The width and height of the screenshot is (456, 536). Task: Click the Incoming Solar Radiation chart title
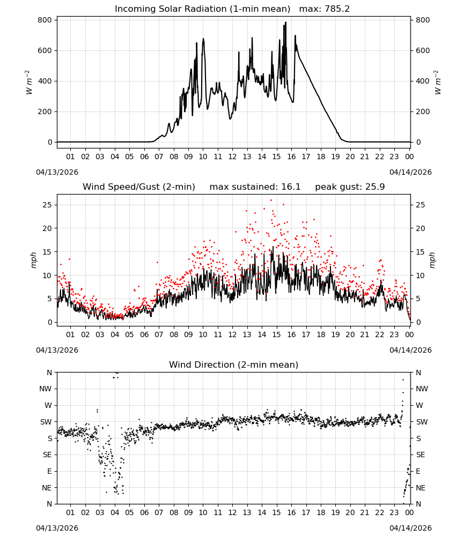click(202, 9)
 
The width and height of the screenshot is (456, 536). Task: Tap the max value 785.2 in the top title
click(336, 9)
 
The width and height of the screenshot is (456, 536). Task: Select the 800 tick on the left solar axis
click(45, 20)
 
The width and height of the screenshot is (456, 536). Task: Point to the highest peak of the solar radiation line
click(285, 23)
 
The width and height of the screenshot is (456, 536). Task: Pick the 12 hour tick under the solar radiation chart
click(233, 157)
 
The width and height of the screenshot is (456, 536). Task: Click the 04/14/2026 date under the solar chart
click(410, 172)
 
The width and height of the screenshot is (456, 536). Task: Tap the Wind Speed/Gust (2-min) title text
click(139, 187)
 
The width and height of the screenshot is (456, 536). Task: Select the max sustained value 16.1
click(291, 187)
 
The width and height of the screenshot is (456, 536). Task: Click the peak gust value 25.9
click(375, 187)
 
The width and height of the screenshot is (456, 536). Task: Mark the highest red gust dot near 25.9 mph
click(271, 200)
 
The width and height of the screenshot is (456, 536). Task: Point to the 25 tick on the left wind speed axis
click(48, 205)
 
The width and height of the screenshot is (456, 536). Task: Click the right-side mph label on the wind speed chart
click(432, 260)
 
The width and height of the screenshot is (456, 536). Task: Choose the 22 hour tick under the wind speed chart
click(380, 334)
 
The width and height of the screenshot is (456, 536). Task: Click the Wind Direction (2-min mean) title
click(234, 364)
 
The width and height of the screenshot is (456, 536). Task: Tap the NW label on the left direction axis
click(46, 389)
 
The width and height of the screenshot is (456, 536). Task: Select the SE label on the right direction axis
click(421, 455)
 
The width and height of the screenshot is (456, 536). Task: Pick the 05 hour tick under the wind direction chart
click(129, 512)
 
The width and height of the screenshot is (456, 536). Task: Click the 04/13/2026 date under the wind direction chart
click(57, 528)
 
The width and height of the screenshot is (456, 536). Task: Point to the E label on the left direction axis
click(49, 471)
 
